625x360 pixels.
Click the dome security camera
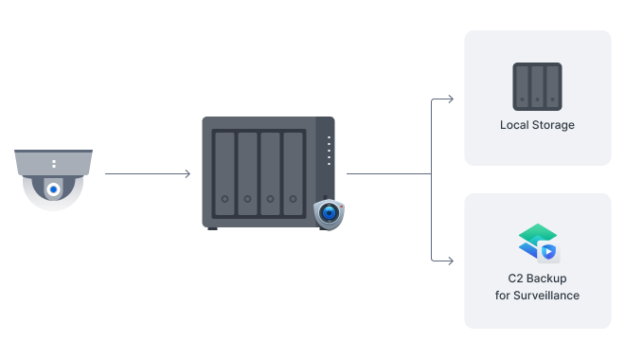(x=54, y=179)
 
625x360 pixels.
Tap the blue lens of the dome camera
(x=54, y=189)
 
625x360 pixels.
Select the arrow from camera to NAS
(x=148, y=174)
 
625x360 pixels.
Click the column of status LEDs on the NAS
(x=329, y=152)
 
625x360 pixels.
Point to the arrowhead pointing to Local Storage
(x=450, y=98)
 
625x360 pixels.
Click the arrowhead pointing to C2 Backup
(x=450, y=259)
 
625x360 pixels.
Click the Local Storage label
(x=537, y=125)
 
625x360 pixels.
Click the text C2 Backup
(x=537, y=279)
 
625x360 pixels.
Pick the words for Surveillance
(x=537, y=296)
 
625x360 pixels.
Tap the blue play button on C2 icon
(x=547, y=251)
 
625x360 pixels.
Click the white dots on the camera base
(x=54, y=164)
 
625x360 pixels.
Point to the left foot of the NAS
(x=212, y=228)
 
